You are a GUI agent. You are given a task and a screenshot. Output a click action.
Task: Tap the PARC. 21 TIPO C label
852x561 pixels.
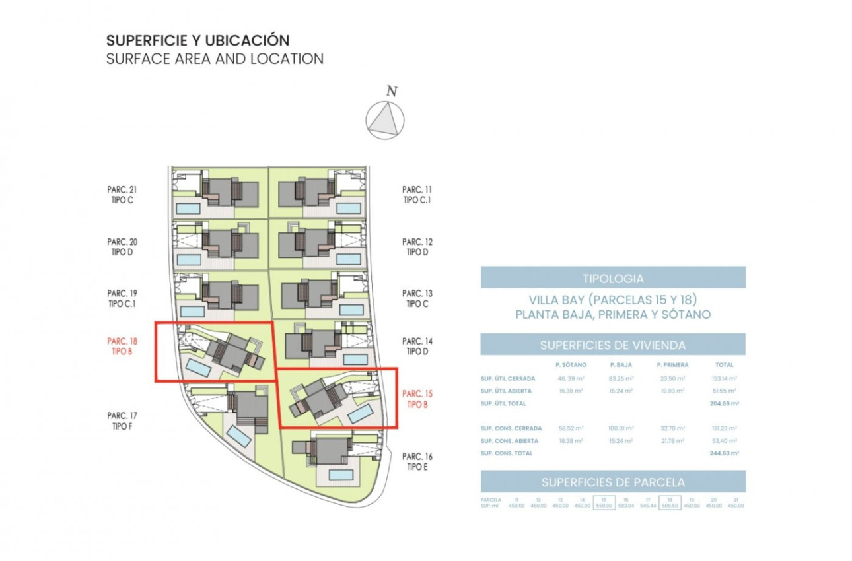click(122, 194)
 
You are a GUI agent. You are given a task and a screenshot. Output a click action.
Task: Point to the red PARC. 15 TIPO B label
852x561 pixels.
click(417, 399)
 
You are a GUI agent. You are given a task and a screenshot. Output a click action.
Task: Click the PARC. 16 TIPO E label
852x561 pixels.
click(417, 461)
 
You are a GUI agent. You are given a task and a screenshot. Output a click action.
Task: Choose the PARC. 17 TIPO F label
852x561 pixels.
click(122, 420)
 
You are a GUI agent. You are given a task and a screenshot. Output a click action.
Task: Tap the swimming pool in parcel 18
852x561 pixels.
click(197, 367)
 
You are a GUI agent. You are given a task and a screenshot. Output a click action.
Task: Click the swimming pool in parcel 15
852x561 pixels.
click(359, 414)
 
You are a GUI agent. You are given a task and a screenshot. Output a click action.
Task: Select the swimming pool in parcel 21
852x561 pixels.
click(188, 209)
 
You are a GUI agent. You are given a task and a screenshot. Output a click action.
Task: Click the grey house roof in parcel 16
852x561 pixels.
click(325, 451)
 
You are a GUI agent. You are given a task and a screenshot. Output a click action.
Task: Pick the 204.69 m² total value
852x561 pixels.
click(725, 403)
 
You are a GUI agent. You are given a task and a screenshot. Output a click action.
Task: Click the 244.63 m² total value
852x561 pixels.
click(725, 453)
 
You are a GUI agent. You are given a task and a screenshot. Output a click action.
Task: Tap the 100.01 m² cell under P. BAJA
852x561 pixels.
click(621, 428)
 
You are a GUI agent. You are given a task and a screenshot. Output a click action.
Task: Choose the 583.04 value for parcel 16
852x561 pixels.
click(625, 506)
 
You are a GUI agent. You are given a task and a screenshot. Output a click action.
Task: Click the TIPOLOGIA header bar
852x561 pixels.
click(613, 278)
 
